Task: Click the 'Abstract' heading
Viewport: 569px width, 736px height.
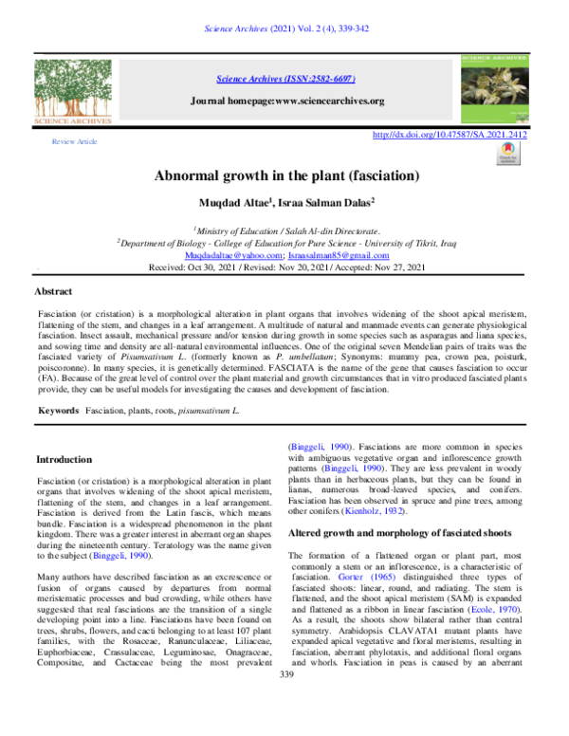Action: (x=53, y=291)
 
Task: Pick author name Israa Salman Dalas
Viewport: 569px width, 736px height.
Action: (x=325, y=202)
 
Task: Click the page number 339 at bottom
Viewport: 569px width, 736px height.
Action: (x=284, y=726)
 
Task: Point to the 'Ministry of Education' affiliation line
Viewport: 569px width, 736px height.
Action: (x=285, y=230)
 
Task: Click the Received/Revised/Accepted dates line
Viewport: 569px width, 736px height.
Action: (x=285, y=268)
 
